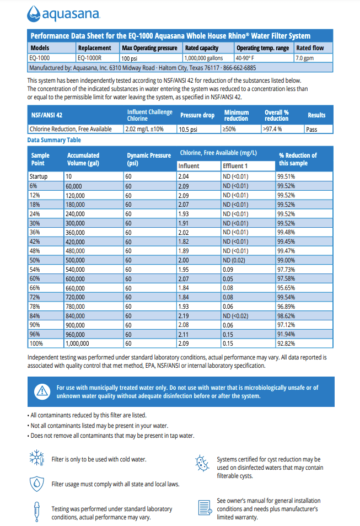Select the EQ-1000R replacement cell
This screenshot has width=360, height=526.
coord(88,57)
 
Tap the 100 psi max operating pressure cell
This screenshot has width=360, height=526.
coord(130,58)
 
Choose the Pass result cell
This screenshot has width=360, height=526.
coord(312,129)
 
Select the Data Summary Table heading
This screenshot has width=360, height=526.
coord(54,140)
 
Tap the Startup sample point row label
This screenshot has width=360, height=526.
coord(39,176)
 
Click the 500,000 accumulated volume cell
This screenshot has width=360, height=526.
coord(76,260)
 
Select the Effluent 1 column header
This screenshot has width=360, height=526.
coord(235,166)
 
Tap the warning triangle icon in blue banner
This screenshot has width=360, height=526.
coord(42,391)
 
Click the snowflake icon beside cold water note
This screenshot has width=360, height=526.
coord(36,459)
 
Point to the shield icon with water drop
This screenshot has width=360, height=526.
coord(36,484)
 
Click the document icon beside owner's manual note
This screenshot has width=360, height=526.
coord(204,506)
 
